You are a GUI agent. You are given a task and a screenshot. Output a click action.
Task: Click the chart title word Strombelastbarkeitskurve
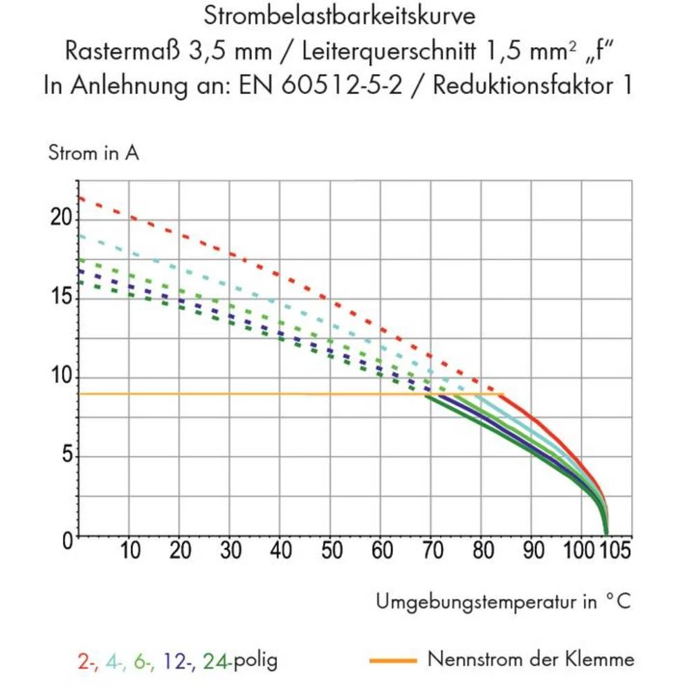click(339, 17)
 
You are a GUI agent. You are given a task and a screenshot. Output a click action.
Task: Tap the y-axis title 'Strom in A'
click(93, 153)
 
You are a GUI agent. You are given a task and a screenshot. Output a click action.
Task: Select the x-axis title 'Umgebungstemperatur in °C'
click(504, 601)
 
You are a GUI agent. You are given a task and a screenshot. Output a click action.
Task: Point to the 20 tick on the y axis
click(62, 217)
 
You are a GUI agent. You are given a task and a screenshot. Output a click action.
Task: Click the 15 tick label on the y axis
click(62, 295)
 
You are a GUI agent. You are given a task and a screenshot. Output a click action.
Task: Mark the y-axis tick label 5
click(67, 454)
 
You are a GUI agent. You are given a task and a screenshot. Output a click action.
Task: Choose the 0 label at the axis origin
click(67, 540)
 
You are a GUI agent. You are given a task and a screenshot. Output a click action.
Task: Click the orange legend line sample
click(393, 661)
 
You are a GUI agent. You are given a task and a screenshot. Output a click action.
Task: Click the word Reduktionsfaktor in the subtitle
click(523, 84)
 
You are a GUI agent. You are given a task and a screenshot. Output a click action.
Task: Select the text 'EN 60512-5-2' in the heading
click(320, 84)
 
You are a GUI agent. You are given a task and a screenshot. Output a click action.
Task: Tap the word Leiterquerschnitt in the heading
click(389, 51)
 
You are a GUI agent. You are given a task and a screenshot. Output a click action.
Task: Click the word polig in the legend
click(255, 661)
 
